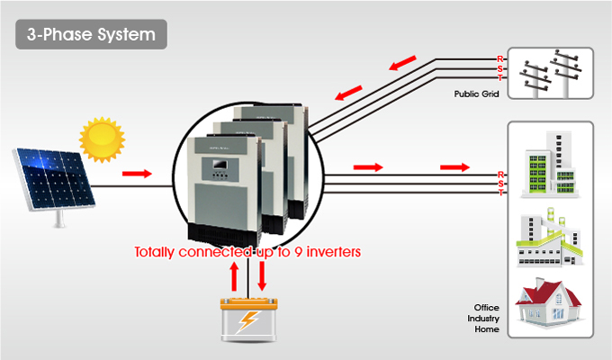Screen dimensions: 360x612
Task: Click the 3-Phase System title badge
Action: click(91, 35)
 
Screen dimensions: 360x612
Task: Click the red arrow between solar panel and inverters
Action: click(137, 171)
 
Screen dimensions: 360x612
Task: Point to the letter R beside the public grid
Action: click(500, 59)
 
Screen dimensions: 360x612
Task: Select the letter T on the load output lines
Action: click(500, 193)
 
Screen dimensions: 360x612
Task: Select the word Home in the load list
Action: click(487, 330)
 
